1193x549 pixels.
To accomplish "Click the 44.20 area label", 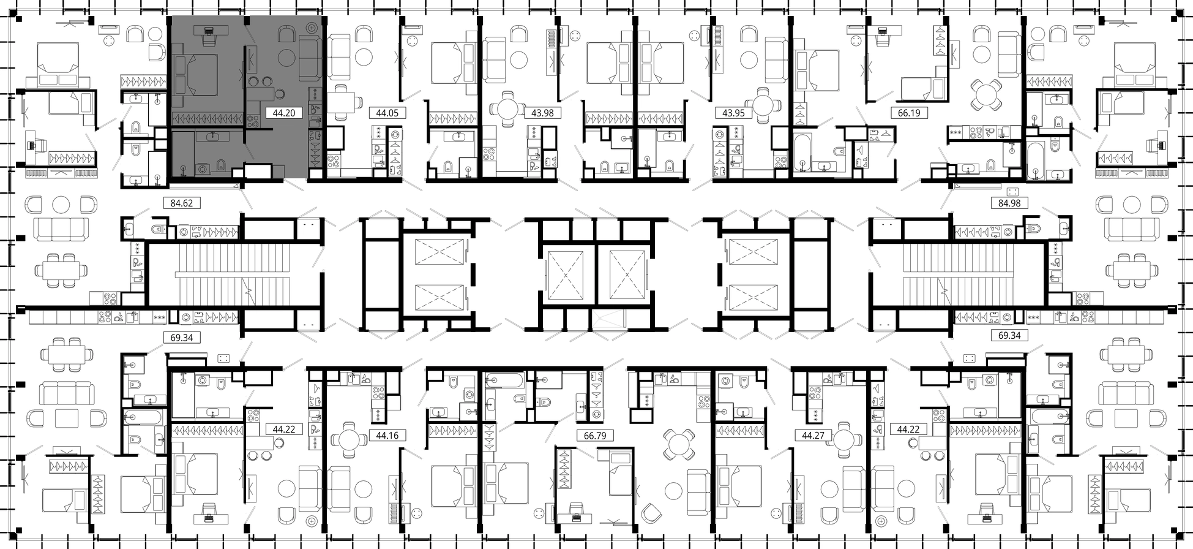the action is pos(284,113).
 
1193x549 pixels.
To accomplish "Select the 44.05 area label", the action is pos(387,113).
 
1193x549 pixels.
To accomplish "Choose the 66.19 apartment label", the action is pos(909,113).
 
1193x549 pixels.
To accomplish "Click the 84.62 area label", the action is pos(182,203).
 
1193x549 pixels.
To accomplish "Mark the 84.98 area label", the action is pos(1009,203).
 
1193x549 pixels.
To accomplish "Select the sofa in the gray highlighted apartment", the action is pos(310,58).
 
